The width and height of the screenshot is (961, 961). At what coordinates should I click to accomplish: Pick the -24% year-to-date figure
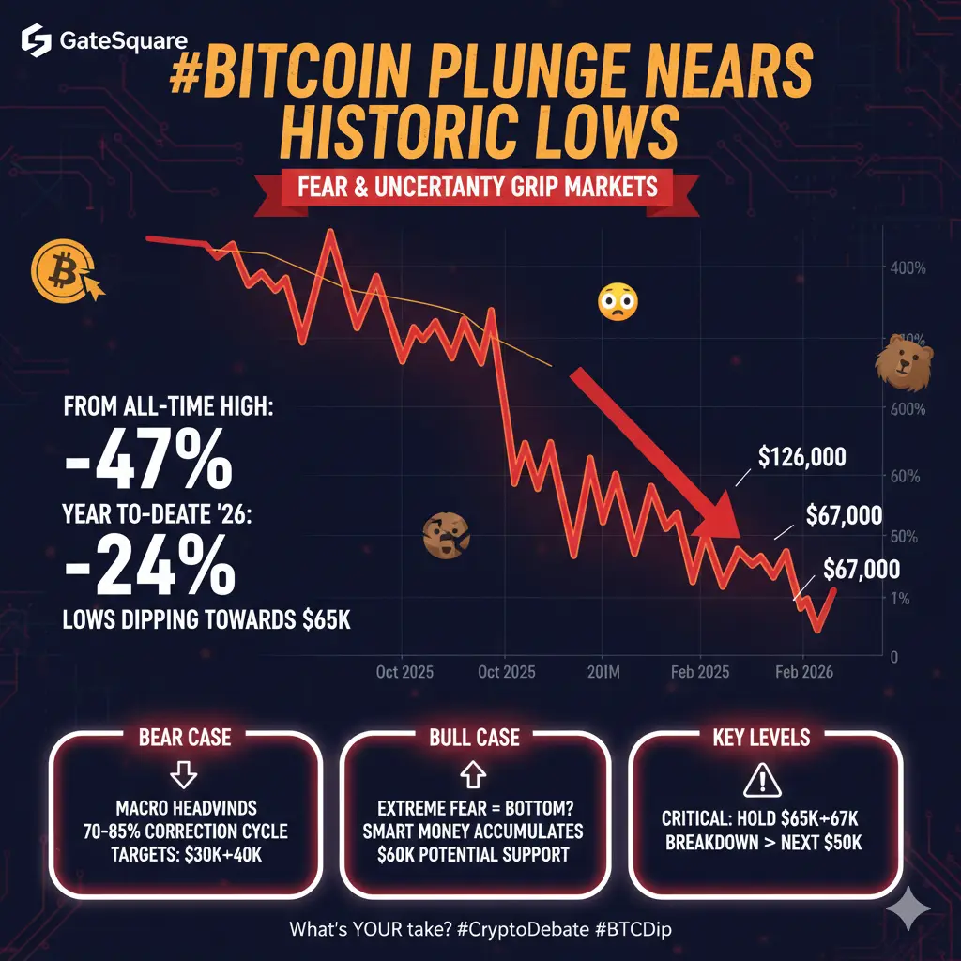coord(148,566)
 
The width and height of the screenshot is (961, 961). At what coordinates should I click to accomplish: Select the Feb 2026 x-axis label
coord(801,673)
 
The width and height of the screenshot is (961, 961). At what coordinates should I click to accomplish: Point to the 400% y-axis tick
coord(906,267)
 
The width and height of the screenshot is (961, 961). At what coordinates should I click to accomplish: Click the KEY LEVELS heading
coord(760,737)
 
